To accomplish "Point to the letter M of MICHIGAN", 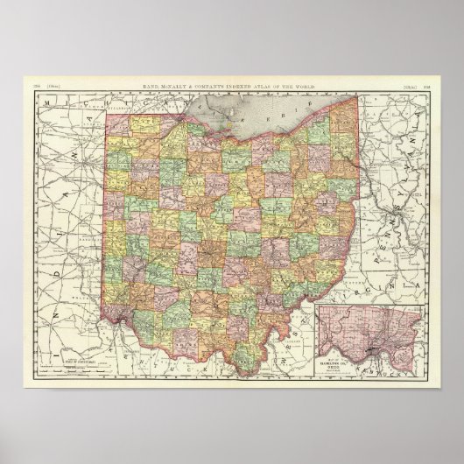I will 49,108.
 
